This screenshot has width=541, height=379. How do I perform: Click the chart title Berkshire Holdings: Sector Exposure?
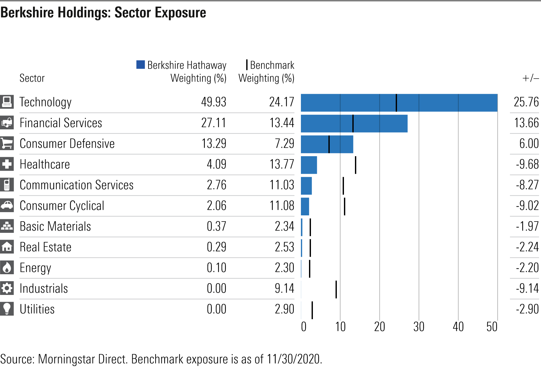click(x=103, y=13)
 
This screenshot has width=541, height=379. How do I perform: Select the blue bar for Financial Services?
click(x=354, y=124)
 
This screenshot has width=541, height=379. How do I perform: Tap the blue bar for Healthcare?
click(x=309, y=165)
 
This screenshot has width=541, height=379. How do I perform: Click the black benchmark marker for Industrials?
click(x=336, y=289)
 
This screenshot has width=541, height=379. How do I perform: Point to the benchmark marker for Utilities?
click(x=312, y=310)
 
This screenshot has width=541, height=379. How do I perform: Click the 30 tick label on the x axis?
click(x=419, y=327)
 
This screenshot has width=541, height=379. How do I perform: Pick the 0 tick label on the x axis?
click(x=304, y=327)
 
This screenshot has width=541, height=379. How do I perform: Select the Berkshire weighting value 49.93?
click(x=214, y=102)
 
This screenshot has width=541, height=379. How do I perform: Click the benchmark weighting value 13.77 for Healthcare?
click(x=282, y=164)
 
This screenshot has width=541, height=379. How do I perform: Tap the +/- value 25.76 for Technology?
click(x=526, y=102)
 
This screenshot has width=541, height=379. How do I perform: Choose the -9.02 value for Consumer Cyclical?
click(x=527, y=206)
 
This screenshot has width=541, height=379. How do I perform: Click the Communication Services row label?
click(x=76, y=185)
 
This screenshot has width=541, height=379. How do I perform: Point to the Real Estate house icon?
click(x=7, y=247)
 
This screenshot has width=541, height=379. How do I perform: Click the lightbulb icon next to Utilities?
click(x=7, y=309)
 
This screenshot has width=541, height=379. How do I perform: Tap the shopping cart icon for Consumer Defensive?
click(x=7, y=143)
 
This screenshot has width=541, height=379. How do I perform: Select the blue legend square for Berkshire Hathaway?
click(x=140, y=65)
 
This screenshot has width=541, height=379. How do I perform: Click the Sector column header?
click(x=32, y=78)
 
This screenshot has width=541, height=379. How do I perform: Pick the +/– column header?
click(x=530, y=78)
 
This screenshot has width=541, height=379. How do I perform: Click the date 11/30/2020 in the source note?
click(x=294, y=359)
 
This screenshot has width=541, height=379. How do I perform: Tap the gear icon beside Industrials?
click(x=7, y=288)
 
